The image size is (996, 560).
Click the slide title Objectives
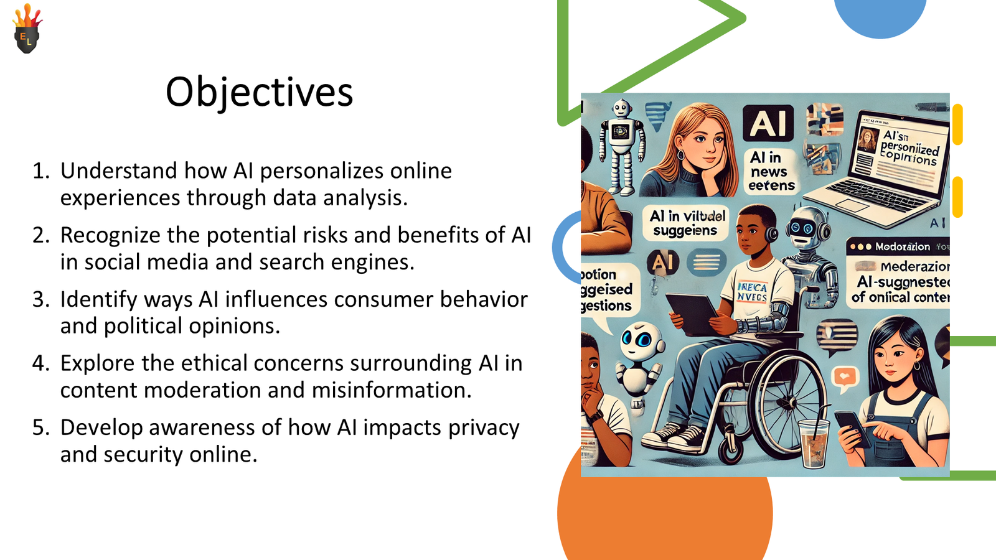(259, 92)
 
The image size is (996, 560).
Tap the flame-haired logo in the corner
(27, 30)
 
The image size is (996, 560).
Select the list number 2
(40, 235)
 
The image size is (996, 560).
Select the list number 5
(40, 427)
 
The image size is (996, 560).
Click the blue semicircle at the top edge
(880, 16)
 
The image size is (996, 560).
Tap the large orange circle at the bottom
(664, 516)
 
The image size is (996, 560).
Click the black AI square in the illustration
(768, 123)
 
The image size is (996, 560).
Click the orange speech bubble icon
(845, 377)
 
